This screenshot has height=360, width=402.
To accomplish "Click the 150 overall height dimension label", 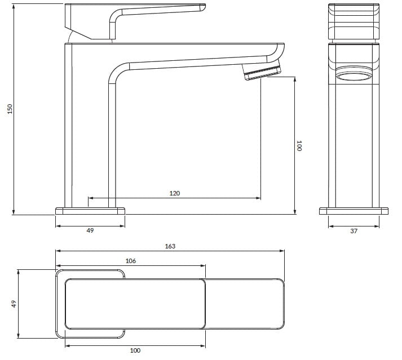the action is (x=10, y=109).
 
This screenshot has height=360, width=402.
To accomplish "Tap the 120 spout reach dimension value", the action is (x=175, y=193).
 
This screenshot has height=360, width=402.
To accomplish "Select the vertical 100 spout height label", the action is (x=299, y=145).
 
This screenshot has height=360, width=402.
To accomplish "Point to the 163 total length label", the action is (x=170, y=246).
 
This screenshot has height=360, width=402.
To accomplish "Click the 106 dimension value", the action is (x=130, y=261).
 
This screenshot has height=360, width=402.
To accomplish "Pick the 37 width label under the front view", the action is (x=354, y=231).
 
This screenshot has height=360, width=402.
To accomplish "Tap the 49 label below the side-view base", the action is (x=90, y=230).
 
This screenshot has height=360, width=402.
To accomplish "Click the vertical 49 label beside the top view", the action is (x=14, y=304).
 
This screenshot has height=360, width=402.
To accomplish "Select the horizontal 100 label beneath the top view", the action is (x=135, y=350).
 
